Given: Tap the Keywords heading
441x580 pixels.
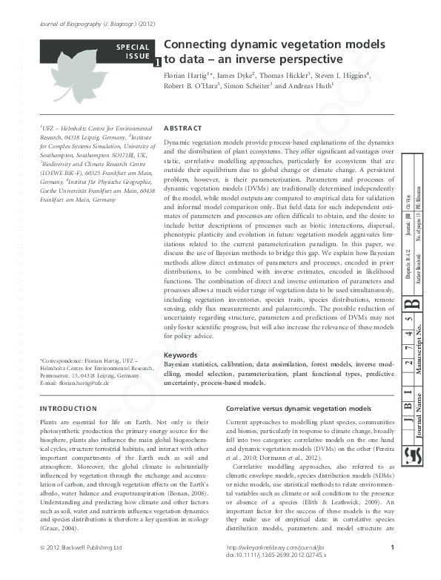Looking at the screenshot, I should (x=180, y=355).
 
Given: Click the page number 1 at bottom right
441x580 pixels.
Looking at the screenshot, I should (x=391, y=568).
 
